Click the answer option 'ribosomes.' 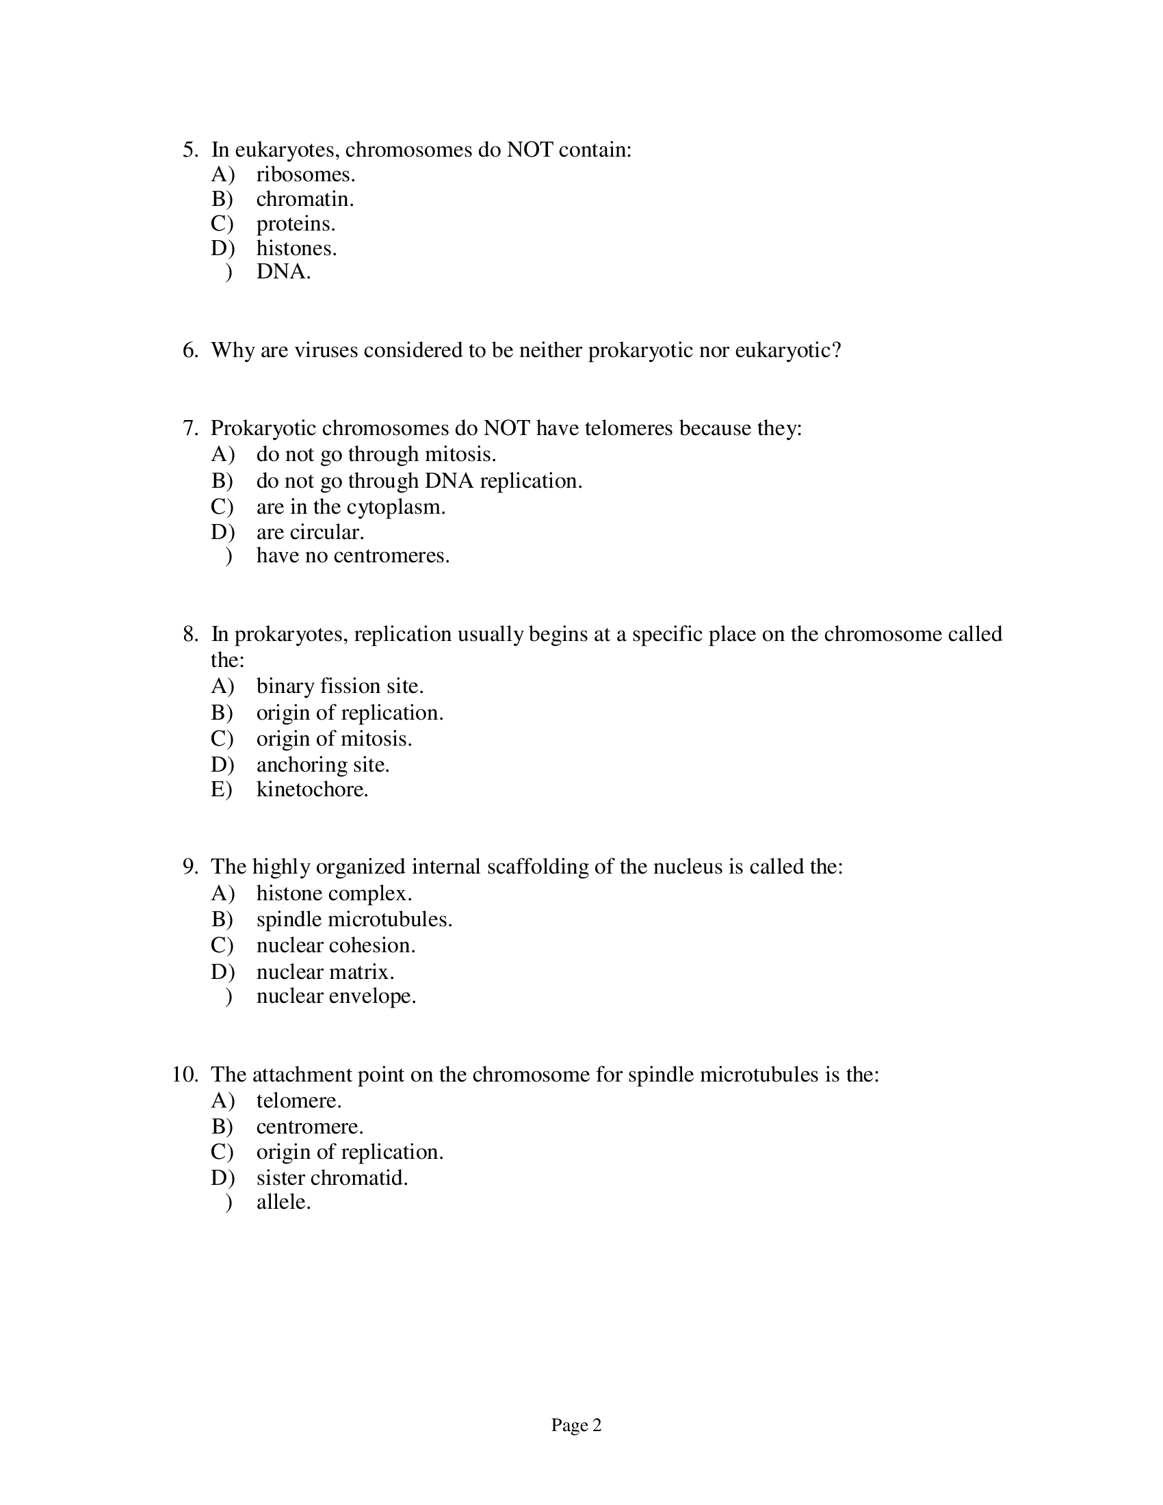pyautogui.click(x=305, y=175)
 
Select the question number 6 pyautogui.click(x=190, y=351)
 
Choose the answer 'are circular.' pyautogui.click(x=310, y=532)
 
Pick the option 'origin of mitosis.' pyautogui.click(x=334, y=739)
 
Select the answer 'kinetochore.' pyautogui.click(x=312, y=789)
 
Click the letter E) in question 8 pyautogui.click(x=222, y=789)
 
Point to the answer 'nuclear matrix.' pyautogui.click(x=325, y=972)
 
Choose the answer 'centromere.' pyautogui.click(x=309, y=1127)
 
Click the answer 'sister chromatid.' pyautogui.click(x=332, y=1178)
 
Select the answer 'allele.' pyautogui.click(x=284, y=1203)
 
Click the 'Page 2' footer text pyautogui.click(x=576, y=1425)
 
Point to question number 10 pyautogui.click(x=185, y=1075)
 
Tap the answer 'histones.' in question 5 pyautogui.click(x=296, y=248)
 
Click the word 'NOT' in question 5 pyautogui.click(x=530, y=150)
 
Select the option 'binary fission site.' pyautogui.click(x=340, y=686)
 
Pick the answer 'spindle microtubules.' pyautogui.click(x=354, y=920)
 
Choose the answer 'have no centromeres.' pyautogui.click(x=353, y=555)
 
